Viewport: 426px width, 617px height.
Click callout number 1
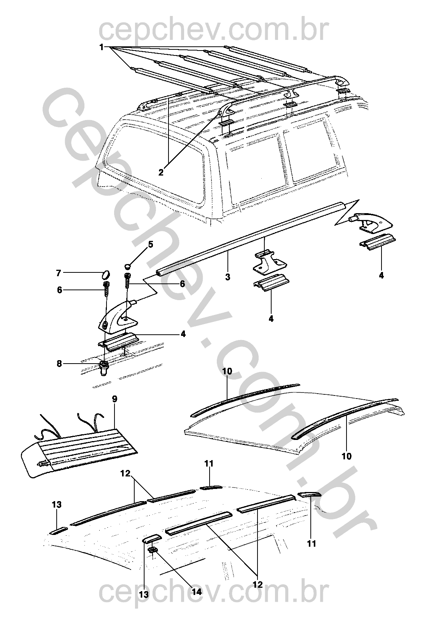pyautogui.click(x=102, y=47)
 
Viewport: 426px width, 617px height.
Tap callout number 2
pyautogui.click(x=161, y=172)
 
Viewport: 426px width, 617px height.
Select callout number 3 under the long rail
pyautogui.click(x=227, y=277)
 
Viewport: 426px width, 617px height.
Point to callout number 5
pyautogui.click(x=150, y=244)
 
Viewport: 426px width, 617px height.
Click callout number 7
pyautogui.click(x=58, y=273)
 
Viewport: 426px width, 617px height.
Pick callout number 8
pyautogui.click(x=59, y=364)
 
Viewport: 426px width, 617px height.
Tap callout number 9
pyautogui.click(x=115, y=399)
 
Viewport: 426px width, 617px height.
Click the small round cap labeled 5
pyautogui.click(x=127, y=266)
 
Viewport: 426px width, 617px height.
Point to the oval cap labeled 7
pyautogui.click(x=106, y=275)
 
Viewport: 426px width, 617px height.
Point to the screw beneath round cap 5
pyautogui.click(x=128, y=280)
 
